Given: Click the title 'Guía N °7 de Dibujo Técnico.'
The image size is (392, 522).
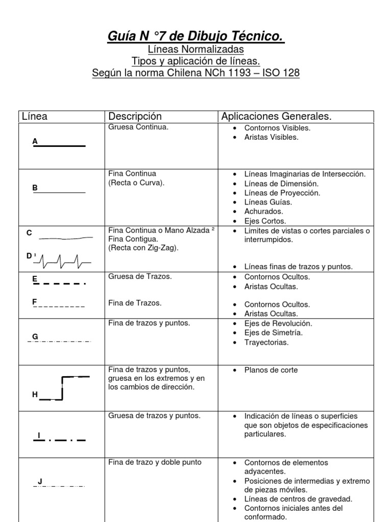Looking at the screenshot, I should [196, 36].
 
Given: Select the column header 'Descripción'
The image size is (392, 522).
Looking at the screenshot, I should [135, 116].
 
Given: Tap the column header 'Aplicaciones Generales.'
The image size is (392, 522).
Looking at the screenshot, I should [276, 116].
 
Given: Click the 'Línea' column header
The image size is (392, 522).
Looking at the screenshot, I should [35, 116].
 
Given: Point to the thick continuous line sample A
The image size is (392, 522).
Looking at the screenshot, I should [60, 146].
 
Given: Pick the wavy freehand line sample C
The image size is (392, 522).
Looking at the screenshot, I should [66, 238].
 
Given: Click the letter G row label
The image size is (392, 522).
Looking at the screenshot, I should [35, 336].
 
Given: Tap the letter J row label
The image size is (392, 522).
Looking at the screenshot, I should [40, 481].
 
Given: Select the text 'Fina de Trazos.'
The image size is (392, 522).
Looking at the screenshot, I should [135, 303].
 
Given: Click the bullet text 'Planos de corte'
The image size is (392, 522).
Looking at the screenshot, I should [271, 370].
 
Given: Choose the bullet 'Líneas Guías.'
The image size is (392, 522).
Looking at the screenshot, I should [268, 202].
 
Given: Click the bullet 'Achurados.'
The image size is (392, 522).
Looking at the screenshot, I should [263, 211].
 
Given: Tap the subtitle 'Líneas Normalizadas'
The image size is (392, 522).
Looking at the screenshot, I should [196, 49].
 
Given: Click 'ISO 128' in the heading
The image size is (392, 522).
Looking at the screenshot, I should [281, 73].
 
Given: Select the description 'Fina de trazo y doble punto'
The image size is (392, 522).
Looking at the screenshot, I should [155, 462].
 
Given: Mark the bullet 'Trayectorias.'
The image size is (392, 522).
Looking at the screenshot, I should [266, 342].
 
